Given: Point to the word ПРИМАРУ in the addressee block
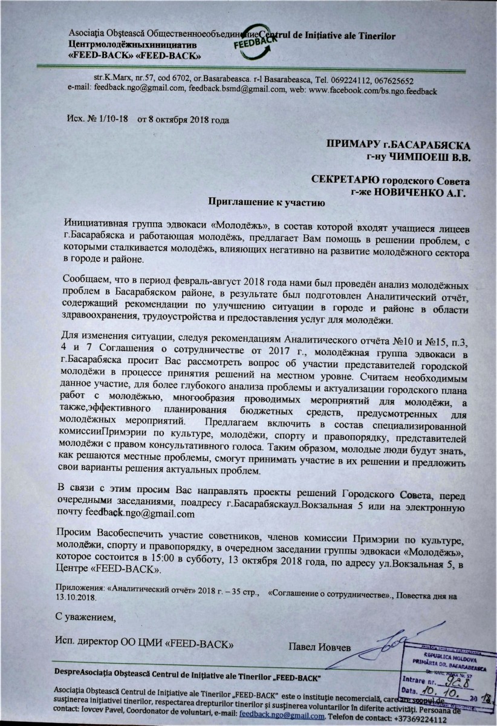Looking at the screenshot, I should tap(349, 145).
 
